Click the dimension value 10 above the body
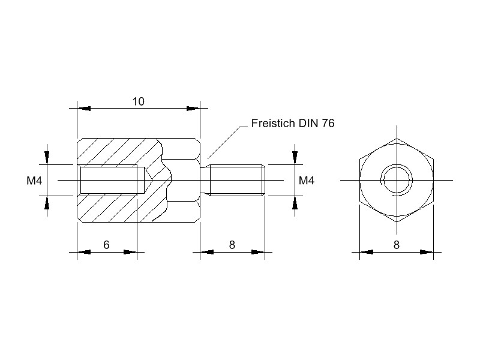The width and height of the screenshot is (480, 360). (x=139, y=101)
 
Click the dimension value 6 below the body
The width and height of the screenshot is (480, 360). (x=106, y=244)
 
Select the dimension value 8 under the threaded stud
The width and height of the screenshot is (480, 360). (x=232, y=244)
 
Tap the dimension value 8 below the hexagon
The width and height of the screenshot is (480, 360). (x=396, y=244)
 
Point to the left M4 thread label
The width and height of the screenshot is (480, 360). (x=34, y=180)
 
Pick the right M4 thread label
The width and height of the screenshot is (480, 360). (x=307, y=180)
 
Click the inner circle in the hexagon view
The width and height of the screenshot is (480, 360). (x=396, y=180)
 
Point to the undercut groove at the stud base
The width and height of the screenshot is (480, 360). (x=208, y=180)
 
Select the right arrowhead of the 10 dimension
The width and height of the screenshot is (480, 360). (x=193, y=109)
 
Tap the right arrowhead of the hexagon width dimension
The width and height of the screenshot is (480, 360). (x=427, y=252)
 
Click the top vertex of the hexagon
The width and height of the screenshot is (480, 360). (x=396, y=138)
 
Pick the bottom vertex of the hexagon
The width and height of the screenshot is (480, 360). (x=396, y=222)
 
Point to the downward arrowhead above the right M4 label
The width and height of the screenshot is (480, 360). (x=295, y=157)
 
